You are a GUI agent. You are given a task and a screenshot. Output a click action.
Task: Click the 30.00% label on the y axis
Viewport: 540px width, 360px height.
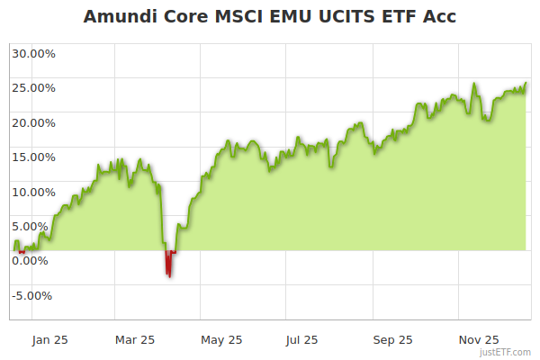[33, 53]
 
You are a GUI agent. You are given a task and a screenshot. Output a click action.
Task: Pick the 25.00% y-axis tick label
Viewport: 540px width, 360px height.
[33, 88]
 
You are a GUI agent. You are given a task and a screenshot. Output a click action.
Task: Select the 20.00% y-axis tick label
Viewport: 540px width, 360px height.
[33, 122]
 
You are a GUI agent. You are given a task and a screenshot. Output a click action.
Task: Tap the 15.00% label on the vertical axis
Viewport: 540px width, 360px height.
[33, 157]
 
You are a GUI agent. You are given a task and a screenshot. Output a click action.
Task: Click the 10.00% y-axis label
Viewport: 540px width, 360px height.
[33, 192]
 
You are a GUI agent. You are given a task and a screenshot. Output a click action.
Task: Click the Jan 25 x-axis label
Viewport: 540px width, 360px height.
[49, 340]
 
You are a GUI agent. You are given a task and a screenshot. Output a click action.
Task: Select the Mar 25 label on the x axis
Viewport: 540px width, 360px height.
[136, 340]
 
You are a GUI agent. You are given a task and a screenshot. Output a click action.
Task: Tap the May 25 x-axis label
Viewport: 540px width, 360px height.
[221, 340]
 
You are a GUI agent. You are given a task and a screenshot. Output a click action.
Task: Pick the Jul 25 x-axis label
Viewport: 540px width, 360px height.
[301, 340]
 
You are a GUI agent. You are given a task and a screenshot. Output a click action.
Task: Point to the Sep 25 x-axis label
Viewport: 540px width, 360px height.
[392, 340]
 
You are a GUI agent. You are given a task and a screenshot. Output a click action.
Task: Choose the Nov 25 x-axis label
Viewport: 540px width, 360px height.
[478, 340]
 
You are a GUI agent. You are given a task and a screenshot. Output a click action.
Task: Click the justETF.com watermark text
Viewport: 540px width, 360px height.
[507, 353]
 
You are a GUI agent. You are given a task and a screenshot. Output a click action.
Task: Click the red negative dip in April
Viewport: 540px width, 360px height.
[168, 265]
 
